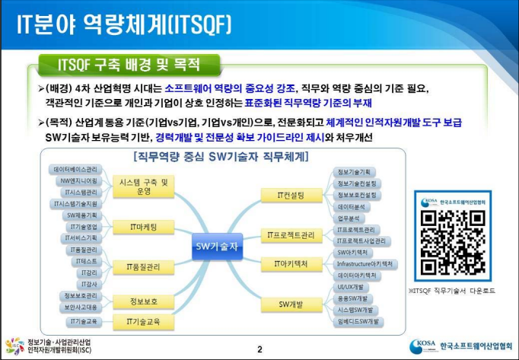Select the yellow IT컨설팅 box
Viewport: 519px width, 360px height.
pos(291,196)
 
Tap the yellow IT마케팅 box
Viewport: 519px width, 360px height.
pos(137,226)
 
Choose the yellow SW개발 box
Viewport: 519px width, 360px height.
pos(291,305)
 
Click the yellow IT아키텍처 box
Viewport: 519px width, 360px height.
pos(291,264)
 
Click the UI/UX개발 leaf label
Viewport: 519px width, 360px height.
pos(352,286)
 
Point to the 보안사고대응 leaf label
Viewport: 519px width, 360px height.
pos(75,307)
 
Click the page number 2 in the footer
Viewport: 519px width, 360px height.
pos(259,349)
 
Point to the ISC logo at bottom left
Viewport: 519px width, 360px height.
pos(14,347)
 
